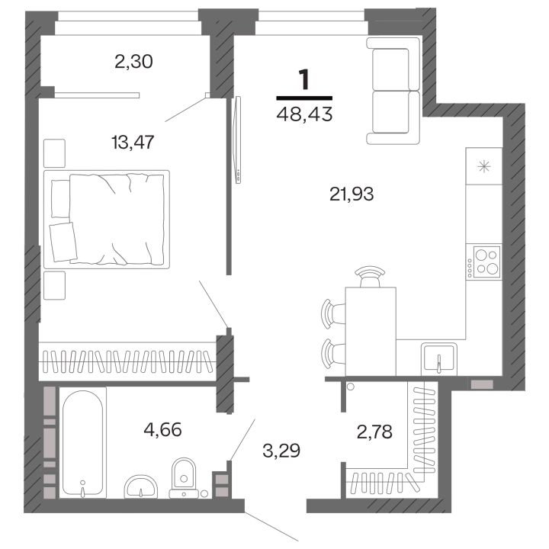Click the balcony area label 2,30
tap(133, 62)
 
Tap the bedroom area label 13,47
tap(133, 143)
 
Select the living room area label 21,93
tap(352, 194)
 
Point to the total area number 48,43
tap(304, 114)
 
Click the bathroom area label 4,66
tap(163, 429)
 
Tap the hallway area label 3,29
tap(281, 451)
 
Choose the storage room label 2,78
tap(374, 432)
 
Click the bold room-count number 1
tap(304, 79)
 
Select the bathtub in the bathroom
tap(82, 443)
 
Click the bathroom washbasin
tap(141, 486)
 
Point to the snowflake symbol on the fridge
tap(484, 166)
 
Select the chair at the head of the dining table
tap(370, 277)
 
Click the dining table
tap(371, 331)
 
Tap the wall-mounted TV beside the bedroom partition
tap(238, 140)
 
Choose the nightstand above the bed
tap(54, 153)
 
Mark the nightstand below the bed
tap(54, 285)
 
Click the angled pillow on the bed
tap(63, 242)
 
